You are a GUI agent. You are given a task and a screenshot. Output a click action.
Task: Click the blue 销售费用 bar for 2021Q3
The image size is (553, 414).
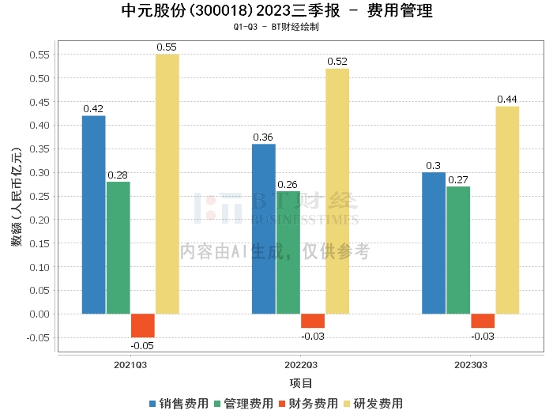point(93,215)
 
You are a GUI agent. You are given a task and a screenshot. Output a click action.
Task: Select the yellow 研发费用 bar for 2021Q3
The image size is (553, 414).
point(167,184)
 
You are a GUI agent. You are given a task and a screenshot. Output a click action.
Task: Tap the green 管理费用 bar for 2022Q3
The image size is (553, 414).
point(288,253)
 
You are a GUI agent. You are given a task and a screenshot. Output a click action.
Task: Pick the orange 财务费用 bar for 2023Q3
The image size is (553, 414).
point(483,321)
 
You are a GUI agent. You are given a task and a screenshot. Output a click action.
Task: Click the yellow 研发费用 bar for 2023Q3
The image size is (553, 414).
point(507,210)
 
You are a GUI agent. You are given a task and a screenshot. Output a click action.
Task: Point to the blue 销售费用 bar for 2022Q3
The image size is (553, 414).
point(264,229)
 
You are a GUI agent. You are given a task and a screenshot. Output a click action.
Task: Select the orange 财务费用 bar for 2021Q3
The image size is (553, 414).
point(143,326)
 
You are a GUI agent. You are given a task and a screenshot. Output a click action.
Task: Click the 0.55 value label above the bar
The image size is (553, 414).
point(167,47)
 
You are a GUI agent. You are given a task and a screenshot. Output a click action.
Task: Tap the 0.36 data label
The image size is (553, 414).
point(264,137)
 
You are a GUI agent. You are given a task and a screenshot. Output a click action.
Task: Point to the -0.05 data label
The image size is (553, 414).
point(142,344)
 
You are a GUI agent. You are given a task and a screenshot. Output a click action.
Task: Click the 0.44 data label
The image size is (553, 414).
point(507,100)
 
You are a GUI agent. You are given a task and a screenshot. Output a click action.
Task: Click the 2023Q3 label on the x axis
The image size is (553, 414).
point(471,365)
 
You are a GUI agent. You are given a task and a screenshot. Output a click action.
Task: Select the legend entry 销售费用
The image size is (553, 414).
point(179,403)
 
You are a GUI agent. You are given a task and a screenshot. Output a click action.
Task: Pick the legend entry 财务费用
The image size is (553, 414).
point(308,403)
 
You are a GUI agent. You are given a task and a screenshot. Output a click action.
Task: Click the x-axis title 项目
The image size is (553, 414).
point(301,383)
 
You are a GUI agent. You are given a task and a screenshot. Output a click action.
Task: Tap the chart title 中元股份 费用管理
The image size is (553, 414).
point(276,11)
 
